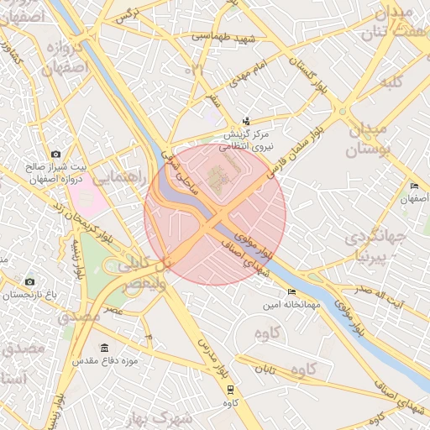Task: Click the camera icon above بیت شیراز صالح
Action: [55, 155]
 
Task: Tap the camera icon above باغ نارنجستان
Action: [30, 282]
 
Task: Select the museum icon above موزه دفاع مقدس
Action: [104, 348]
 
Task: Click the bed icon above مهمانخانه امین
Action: [291, 292]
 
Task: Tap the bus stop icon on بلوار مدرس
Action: [230, 390]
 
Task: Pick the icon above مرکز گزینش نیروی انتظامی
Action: [245, 122]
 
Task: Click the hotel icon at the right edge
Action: [413, 186]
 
